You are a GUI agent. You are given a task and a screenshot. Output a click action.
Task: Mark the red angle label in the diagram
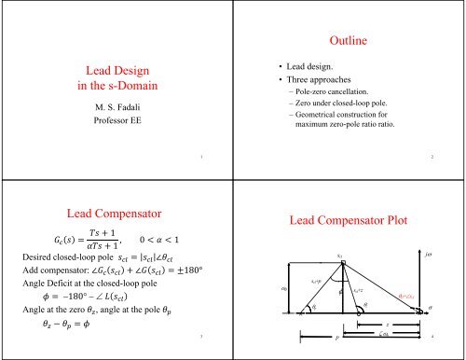point(409,296)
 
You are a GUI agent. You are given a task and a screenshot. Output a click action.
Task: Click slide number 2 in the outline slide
point(445,158)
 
